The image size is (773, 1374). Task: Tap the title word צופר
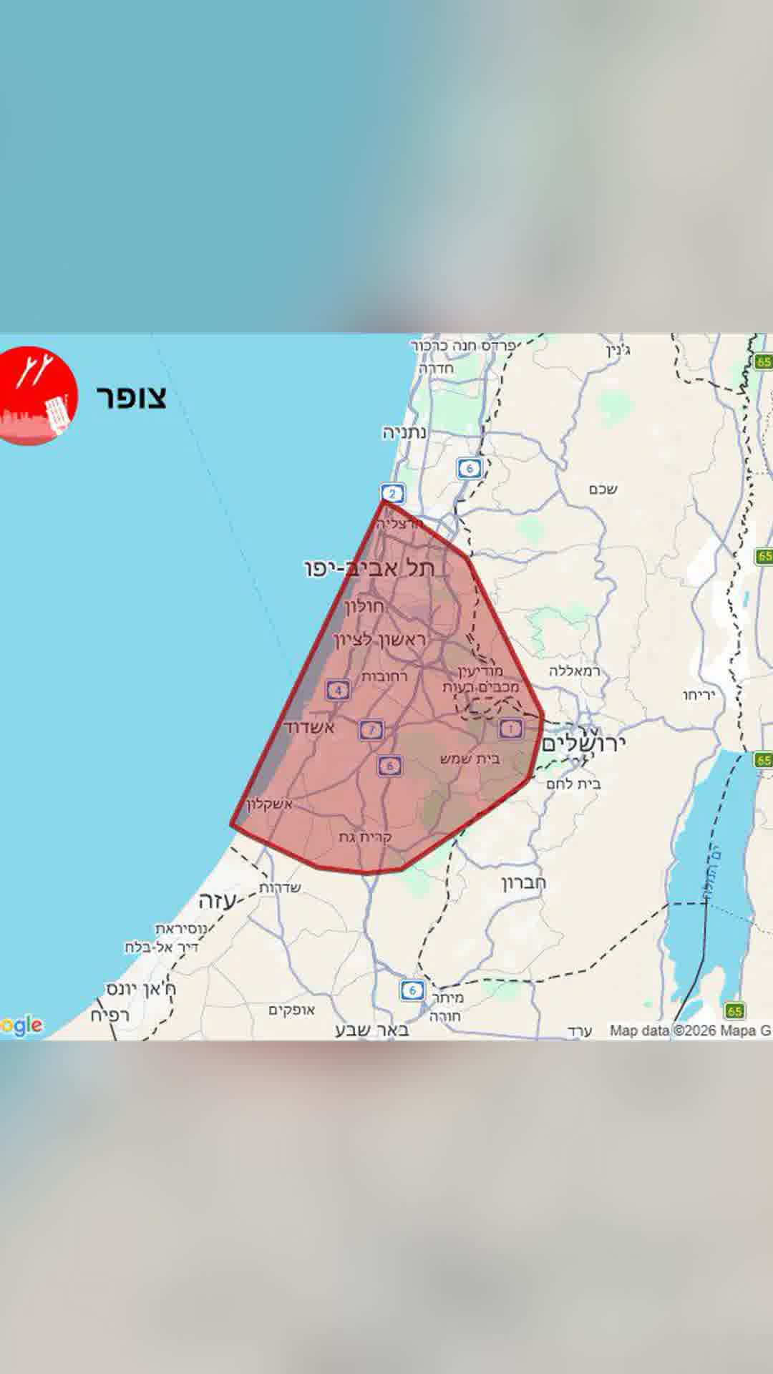pos(132,396)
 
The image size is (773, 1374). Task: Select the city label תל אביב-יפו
pos(369,569)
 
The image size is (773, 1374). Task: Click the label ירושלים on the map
pos(583,742)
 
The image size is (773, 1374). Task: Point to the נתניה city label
pos(404,432)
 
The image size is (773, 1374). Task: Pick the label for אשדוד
pos(309,728)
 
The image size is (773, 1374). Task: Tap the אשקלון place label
pos(268,804)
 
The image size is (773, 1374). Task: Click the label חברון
pos(523,882)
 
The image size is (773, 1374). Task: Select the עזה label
pos(217,901)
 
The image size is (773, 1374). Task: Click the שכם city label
pos(603,489)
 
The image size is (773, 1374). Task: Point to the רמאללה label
pos(575,671)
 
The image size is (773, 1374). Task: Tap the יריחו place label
pos(699,695)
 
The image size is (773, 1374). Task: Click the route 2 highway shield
pos(392,493)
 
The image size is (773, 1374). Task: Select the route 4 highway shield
pos(338,691)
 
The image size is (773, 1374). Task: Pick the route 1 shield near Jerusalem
pos(510,729)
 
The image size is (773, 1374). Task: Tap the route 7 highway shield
pos(371,730)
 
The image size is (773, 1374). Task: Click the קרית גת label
pos(365,837)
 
